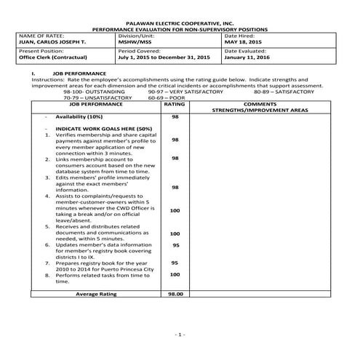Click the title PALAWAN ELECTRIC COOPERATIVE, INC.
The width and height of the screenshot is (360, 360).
click(180, 24)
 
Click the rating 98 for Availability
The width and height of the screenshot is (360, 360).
click(175, 116)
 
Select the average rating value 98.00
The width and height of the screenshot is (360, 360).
click(175, 293)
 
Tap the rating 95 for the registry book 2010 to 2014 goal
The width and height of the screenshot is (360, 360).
click(175, 263)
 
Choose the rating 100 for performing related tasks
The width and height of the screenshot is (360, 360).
click(175, 274)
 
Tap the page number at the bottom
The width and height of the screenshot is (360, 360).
click(180, 334)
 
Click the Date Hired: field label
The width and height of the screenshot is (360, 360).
click(241, 35)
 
